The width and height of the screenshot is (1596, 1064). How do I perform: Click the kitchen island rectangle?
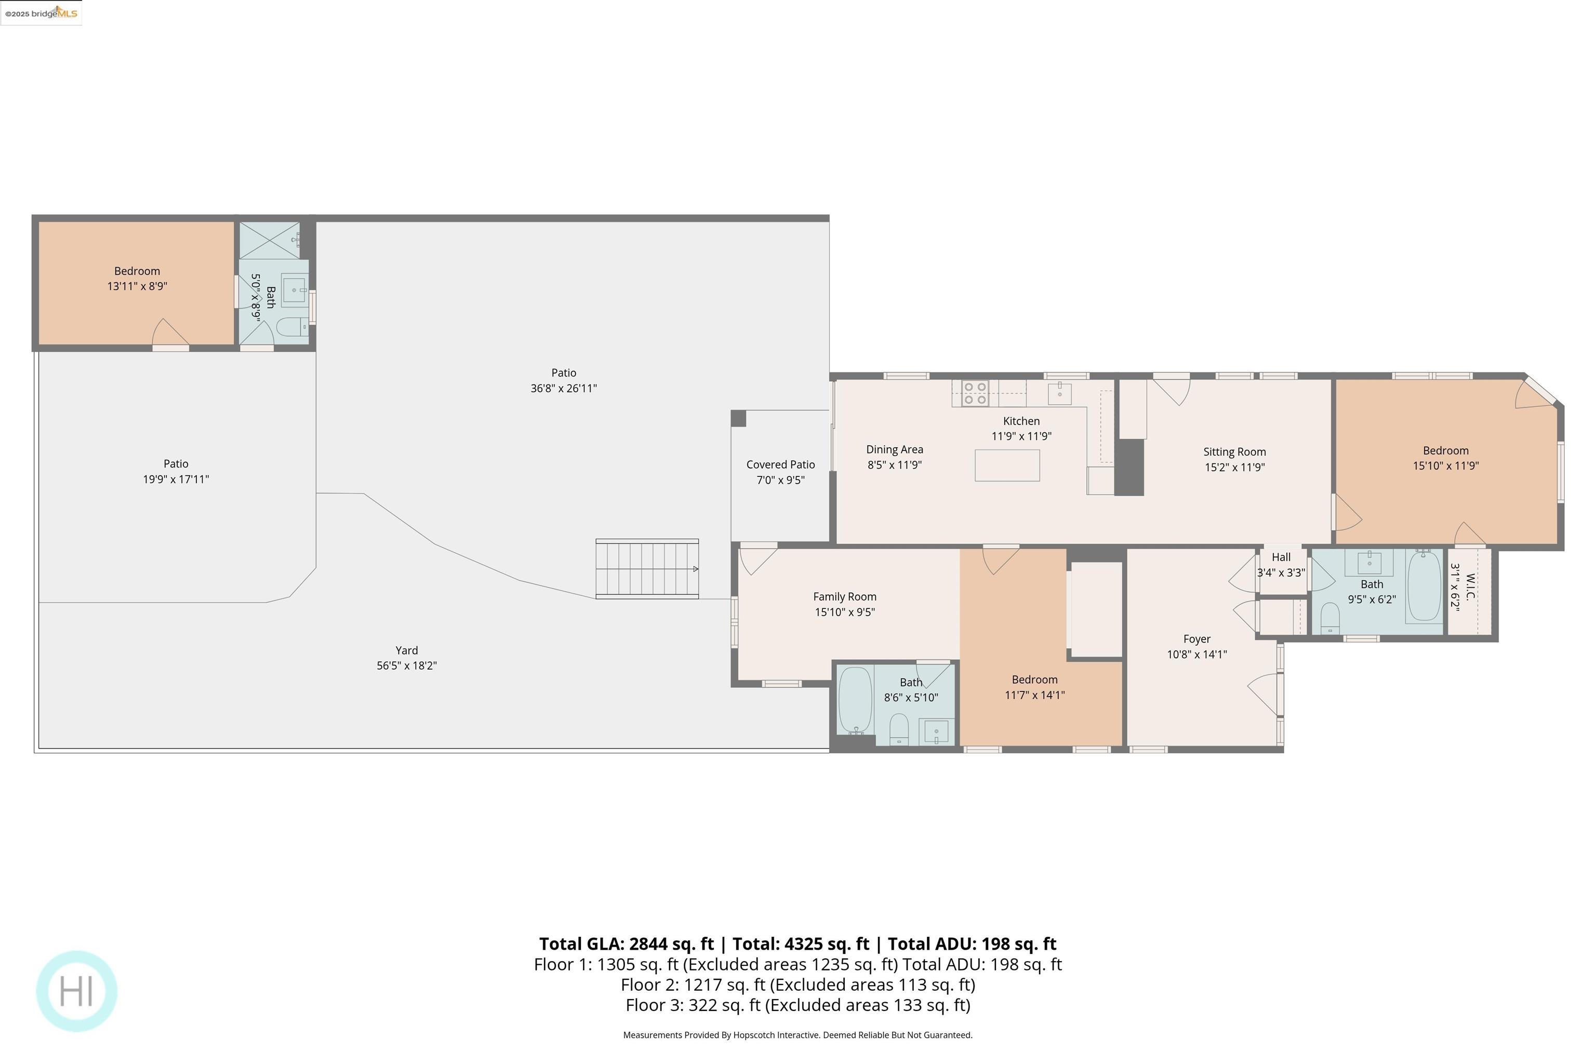coord(1007,465)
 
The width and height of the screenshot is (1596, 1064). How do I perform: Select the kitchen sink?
coord(1059,393)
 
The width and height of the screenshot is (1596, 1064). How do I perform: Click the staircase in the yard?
coord(647,569)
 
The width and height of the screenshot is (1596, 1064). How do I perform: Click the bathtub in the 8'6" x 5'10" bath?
coord(855,700)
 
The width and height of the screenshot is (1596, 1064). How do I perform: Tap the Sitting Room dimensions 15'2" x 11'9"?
coord(1234,467)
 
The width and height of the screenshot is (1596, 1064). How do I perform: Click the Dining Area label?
coord(894,449)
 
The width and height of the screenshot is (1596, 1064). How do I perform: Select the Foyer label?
coord(1196,639)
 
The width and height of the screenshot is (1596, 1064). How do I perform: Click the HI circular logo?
coord(77,991)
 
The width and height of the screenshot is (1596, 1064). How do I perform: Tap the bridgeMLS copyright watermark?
coord(41,13)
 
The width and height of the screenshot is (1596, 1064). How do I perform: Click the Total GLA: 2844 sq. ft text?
coord(626,944)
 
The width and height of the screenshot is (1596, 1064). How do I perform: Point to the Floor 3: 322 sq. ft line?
coord(797,1005)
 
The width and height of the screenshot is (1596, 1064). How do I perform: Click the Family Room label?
coord(844,597)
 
